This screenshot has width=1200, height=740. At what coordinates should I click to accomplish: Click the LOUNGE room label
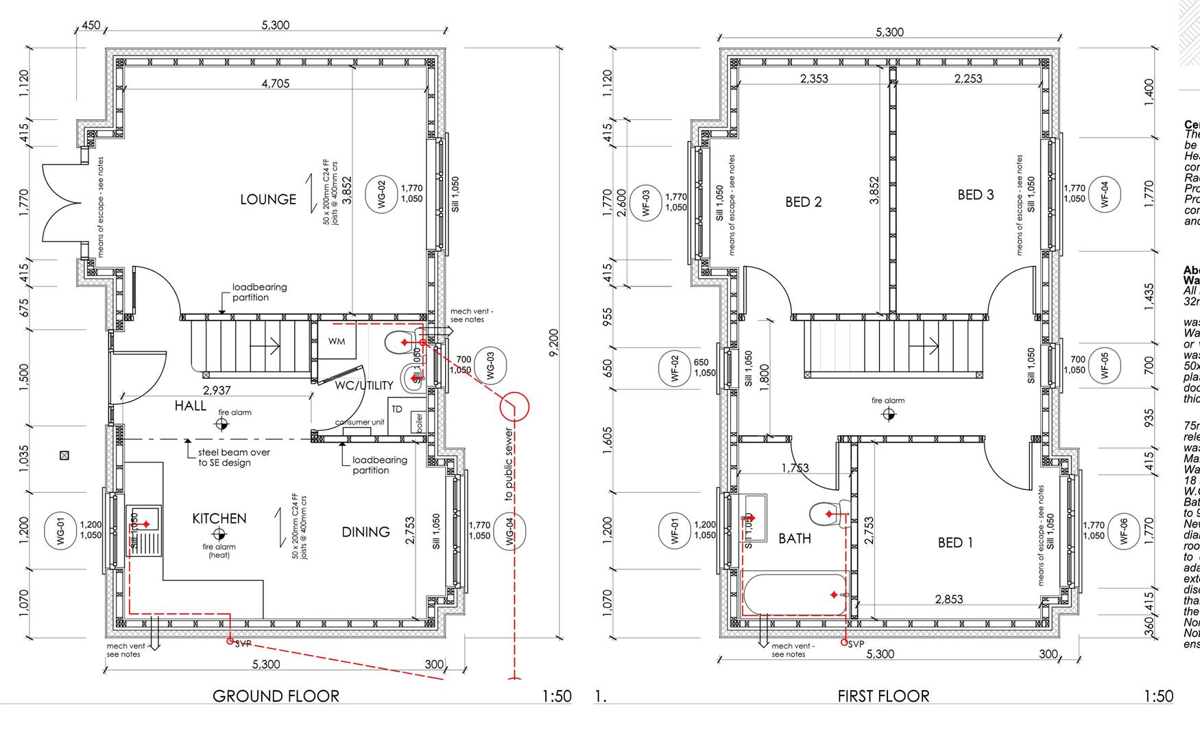268,199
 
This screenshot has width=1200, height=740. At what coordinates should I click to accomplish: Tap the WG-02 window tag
382,194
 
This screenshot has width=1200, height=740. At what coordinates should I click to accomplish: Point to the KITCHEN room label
219,519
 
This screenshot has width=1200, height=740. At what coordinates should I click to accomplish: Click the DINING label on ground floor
365,532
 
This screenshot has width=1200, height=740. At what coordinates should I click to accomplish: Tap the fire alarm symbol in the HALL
221,425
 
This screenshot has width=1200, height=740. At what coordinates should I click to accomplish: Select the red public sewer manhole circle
514,406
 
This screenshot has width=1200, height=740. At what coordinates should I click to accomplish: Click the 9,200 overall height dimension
554,343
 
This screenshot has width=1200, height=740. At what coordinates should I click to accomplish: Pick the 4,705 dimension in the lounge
275,84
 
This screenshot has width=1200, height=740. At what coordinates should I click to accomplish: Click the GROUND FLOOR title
276,696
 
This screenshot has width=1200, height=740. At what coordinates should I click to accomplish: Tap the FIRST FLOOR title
883,696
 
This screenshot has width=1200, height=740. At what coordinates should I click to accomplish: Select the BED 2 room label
803,202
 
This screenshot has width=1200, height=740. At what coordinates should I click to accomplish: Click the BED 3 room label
975,195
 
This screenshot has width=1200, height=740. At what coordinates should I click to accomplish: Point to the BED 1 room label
955,543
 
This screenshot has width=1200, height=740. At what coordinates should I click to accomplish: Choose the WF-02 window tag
674,368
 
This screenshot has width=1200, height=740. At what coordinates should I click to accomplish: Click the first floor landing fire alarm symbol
889,414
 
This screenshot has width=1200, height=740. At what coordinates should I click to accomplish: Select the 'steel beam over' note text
234,452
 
